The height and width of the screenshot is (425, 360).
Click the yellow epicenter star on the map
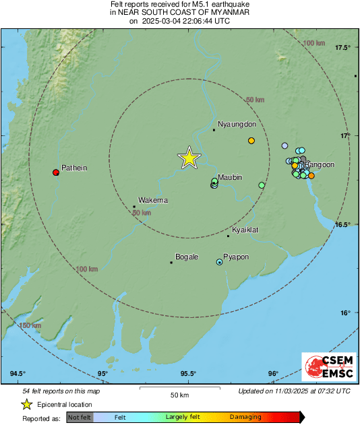[x=189, y=158]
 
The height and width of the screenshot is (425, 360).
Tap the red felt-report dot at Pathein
[x=56, y=172]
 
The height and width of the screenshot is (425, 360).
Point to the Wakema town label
[x=152, y=200]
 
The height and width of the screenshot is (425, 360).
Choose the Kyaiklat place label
[x=246, y=230]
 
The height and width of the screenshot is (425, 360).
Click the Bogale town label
[x=187, y=257]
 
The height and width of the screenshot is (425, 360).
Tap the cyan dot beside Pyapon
[x=219, y=262]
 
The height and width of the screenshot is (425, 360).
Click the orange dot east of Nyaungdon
[x=251, y=141]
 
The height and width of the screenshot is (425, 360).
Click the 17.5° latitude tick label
[x=344, y=47]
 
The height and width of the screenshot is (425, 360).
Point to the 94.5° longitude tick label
[x=18, y=374]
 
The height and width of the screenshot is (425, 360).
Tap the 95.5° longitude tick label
[x=188, y=374]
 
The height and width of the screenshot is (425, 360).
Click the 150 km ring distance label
[x=30, y=326]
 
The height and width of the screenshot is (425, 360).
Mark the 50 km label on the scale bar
[x=179, y=394]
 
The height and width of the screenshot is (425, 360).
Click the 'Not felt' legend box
[x=80, y=418]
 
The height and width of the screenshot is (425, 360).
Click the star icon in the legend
[x=27, y=404]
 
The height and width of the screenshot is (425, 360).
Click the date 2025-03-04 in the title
[x=162, y=21]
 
